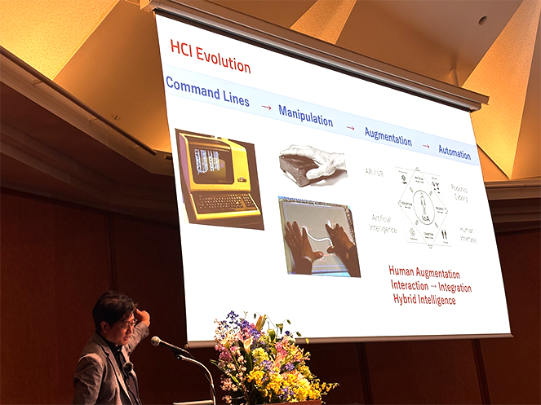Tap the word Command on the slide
192,86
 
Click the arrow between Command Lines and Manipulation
266,107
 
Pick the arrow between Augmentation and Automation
425,146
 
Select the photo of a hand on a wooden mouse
313,165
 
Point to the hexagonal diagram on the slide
423,207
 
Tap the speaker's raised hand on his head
143,316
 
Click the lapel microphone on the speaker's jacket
129,367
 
